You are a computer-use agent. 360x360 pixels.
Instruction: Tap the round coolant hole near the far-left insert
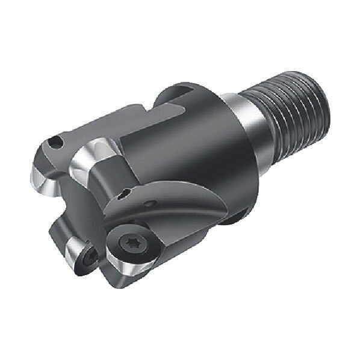point(55,141)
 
